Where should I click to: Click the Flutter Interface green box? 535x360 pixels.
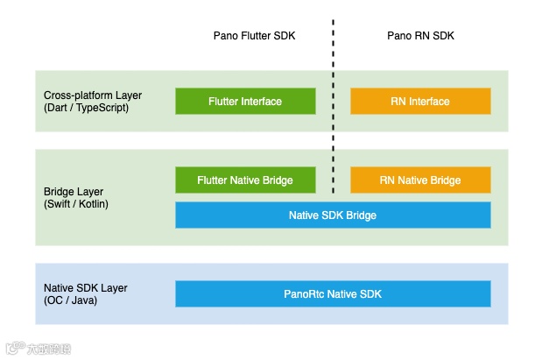click(x=245, y=101)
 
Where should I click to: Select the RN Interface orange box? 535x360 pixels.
click(x=420, y=101)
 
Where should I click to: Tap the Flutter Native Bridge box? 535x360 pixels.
click(x=245, y=180)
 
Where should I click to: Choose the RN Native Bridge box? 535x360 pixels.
click(x=420, y=180)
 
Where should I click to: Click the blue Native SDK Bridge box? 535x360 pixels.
click(x=333, y=215)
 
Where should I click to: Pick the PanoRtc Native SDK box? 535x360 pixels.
click(x=333, y=293)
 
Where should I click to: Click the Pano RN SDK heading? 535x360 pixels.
click(x=421, y=36)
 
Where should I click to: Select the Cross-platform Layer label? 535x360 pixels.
click(x=93, y=95)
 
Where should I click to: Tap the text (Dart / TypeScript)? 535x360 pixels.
click(x=86, y=108)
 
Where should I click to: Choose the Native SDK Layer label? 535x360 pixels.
click(x=85, y=287)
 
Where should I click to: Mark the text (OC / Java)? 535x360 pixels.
click(x=70, y=300)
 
